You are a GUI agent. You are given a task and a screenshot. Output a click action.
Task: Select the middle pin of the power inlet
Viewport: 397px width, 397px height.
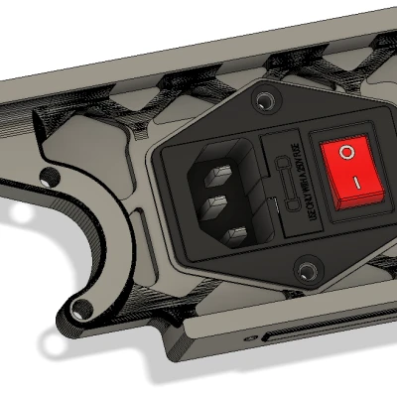click(216, 207)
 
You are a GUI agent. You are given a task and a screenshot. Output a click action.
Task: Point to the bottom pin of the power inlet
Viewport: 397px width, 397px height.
click(238, 235)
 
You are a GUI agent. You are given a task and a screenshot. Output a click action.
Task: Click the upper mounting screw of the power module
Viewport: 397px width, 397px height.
click(264, 101)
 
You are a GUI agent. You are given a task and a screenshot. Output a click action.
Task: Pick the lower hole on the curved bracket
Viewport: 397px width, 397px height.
click(80, 307)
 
